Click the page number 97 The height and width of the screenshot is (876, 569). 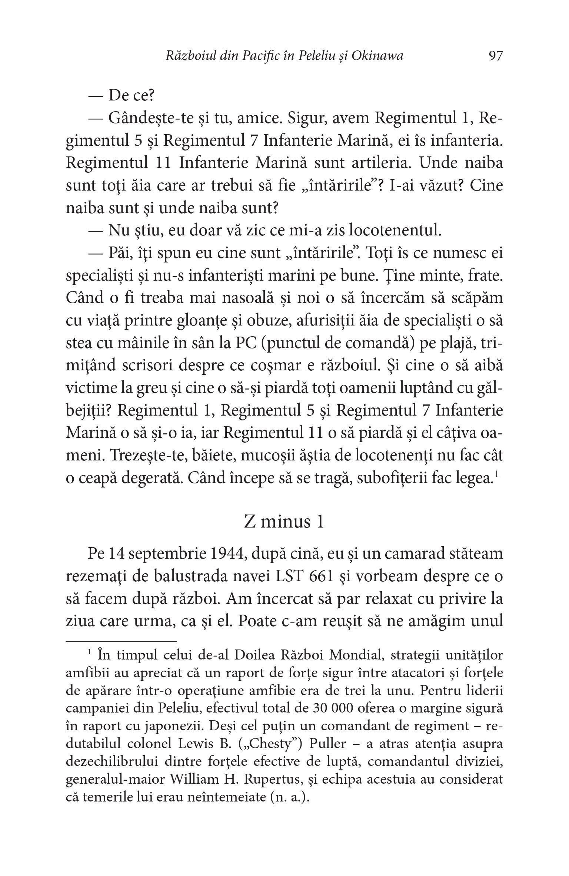(496, 56)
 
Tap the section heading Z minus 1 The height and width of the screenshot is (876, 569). (284, 522)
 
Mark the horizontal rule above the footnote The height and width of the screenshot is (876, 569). (121, 641)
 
